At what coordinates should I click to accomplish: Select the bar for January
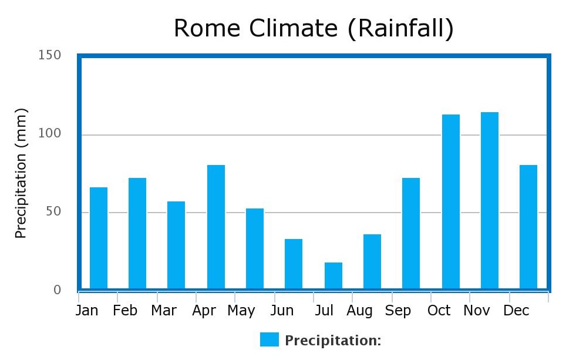point(99,238)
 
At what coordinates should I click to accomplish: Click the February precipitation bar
point(137,233)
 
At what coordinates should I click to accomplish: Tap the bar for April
point(216,227)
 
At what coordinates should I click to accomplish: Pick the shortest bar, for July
point(334,275)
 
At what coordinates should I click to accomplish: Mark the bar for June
point(294,264)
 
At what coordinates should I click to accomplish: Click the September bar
point(411,233)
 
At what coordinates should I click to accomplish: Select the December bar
point(528,227)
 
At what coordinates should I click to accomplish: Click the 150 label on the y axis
point(49,56)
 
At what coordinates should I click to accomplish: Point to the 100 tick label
point(49,134)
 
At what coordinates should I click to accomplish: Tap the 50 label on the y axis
point(53,211)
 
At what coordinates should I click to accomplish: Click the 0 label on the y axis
point(57,290)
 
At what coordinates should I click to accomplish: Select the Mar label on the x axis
point(164,311)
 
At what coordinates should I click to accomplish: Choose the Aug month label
point(359,311)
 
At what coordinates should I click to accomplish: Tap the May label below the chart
point(241,311)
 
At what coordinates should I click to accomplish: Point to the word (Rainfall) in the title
point(401,29)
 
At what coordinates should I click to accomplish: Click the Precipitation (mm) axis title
point(21,173)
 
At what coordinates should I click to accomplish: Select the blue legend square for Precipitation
point(270,339)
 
